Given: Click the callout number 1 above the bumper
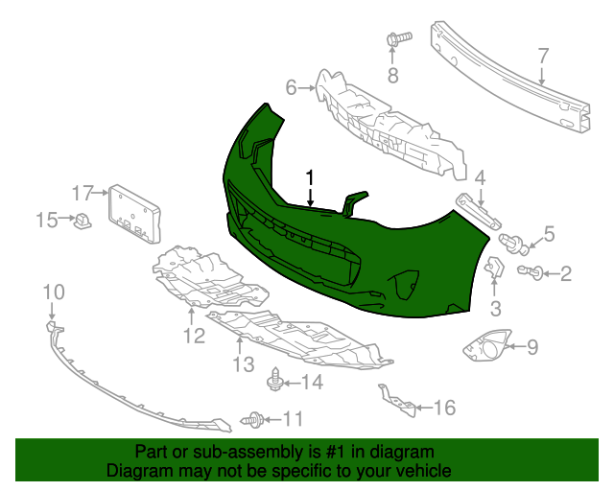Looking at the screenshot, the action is (x=310, y=177).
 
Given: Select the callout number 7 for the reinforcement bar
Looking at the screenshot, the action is (x=542, y=55).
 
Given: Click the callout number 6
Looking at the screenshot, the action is (x=292, y=89).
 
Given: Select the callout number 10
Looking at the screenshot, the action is (x=53, y=292).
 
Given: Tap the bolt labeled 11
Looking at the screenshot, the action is (x=254, y=418).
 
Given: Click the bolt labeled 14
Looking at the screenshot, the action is (x=275, y=383).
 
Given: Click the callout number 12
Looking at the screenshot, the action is (x=194, y=336).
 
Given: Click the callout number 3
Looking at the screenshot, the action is (x=496, y=308).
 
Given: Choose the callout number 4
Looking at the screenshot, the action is (x=481, y=177).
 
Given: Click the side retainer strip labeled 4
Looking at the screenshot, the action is (x=479, y=210).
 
